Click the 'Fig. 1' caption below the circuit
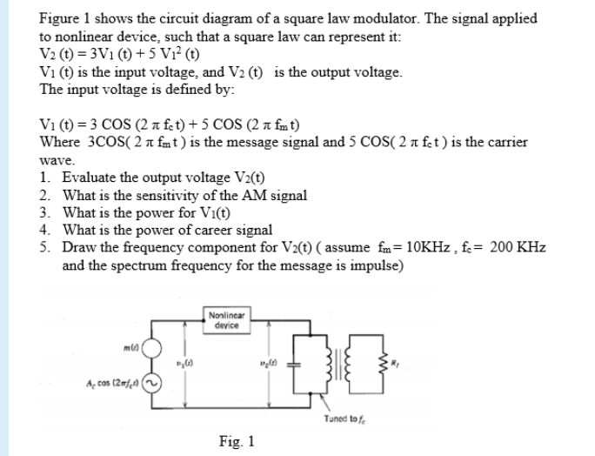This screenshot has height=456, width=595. pos(237,441)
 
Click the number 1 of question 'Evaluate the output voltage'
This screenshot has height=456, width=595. pos(44,176)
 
